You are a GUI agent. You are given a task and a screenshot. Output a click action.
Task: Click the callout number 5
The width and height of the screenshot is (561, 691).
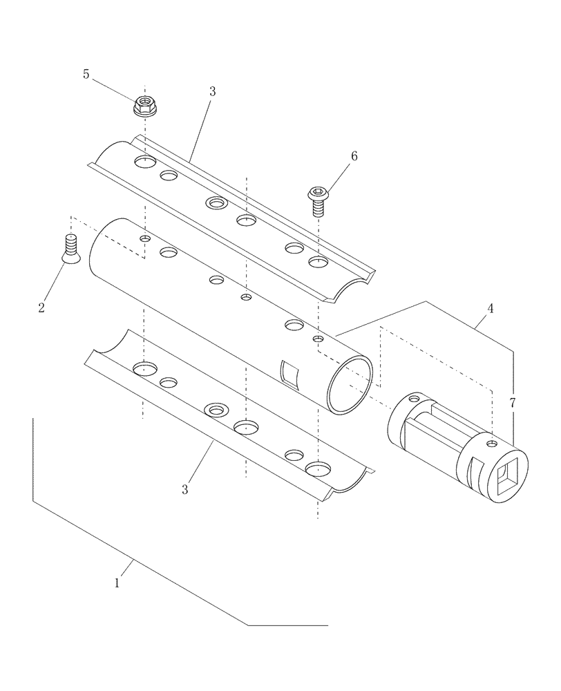tap(86, 75)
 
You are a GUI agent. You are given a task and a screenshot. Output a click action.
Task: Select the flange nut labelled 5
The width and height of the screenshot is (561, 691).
tap(144, 106)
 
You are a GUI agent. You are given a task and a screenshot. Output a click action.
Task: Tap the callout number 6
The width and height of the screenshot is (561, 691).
tap(354, 156)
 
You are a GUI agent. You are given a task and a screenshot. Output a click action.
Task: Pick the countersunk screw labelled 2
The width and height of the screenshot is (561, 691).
tap(69, 249)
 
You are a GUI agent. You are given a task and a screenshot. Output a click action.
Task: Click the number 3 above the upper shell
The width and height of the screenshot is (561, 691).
tap(211, 91)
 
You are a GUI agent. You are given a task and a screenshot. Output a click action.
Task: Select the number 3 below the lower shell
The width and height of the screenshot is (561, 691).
tap(184, 489)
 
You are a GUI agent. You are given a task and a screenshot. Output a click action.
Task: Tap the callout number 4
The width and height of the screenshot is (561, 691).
tap(489, 309)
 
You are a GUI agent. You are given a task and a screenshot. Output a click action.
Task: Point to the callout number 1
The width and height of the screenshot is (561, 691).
tap(117, 583)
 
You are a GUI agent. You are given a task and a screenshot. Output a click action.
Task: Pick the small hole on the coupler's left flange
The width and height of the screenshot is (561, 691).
tap(414, 399)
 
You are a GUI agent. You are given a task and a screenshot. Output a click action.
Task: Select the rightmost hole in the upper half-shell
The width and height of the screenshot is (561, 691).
tap(318, 262)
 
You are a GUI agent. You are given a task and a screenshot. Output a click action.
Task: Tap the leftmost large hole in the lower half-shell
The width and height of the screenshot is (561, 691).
tap(146, 368)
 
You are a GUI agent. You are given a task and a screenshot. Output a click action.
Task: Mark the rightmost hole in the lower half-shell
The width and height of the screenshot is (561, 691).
tap(318, 468)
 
